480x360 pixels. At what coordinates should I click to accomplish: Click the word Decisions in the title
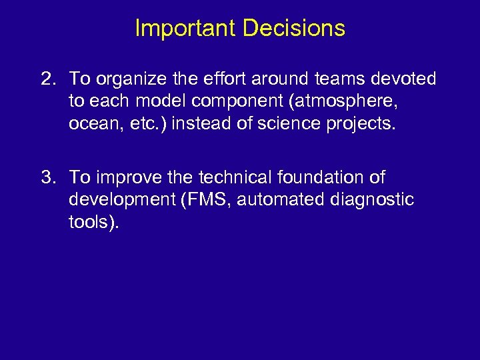tap(294, 29)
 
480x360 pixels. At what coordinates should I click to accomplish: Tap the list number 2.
tap(47, 79)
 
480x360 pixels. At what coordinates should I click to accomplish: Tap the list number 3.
tap(47, 177)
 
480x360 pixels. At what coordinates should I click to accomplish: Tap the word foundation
tap(319, 177)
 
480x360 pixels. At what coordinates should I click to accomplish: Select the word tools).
tap(94, 222)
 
